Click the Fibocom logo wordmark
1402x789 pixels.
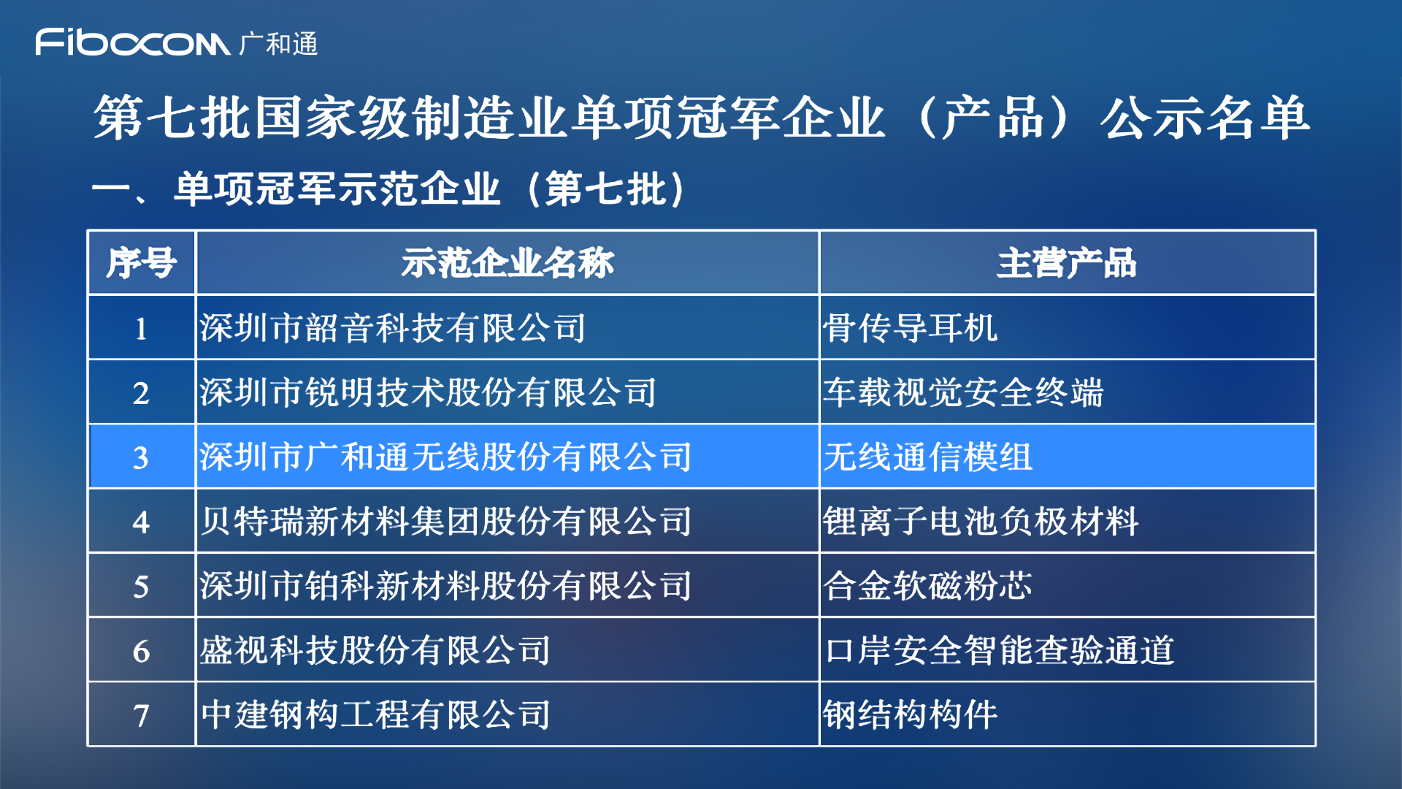(133, 42)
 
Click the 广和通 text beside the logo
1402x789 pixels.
(278, 44)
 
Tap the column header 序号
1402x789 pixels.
(141, 263)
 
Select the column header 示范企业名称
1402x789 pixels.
(507, 263)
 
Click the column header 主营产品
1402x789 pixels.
(1067, 263)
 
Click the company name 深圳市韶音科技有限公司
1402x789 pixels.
(393, 327)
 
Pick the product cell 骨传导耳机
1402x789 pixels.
(911, 327)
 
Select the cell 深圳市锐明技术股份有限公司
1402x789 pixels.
(428, 392)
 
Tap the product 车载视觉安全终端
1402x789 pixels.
(964, 392)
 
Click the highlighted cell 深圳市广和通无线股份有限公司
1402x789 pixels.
(445, 457)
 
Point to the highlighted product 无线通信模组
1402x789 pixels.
(928, 457)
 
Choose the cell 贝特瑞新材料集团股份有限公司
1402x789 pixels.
(445, 521)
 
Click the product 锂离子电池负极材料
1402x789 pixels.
(981, 521)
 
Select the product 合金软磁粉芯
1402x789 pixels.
(928, 586)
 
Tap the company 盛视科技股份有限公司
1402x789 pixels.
(375, 650)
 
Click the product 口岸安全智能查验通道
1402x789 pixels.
(999, 650)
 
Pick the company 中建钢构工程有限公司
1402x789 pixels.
(375, 714)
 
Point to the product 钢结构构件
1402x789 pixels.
(911, 714)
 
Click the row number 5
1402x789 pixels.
(141, 587)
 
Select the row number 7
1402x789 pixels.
(141, 716)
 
